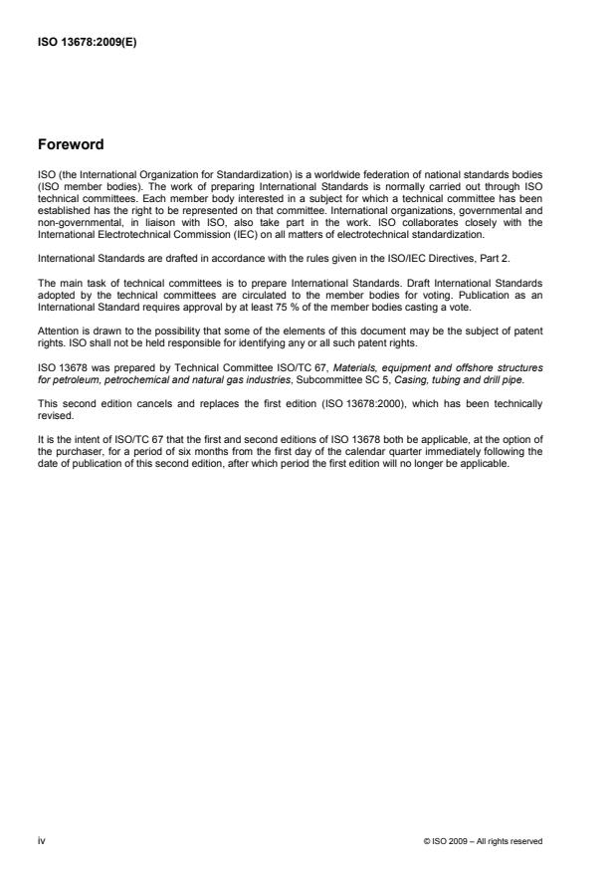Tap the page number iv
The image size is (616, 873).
tap(41, 840)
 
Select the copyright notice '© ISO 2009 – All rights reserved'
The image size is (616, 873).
tap(483, 841)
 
